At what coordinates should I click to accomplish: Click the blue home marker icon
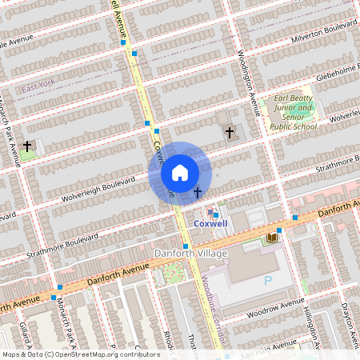click(180, 172)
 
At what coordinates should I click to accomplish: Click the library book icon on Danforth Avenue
click(272, 238)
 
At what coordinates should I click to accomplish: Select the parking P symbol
click(268, 281)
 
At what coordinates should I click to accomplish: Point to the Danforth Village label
click(190, 254)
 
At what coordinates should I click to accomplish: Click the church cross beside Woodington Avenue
click(230, 132)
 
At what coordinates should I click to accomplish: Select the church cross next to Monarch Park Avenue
click(28, 146)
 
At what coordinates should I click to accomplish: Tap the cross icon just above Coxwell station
click(197, 193)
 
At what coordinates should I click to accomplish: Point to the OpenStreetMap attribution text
click(80, 354)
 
